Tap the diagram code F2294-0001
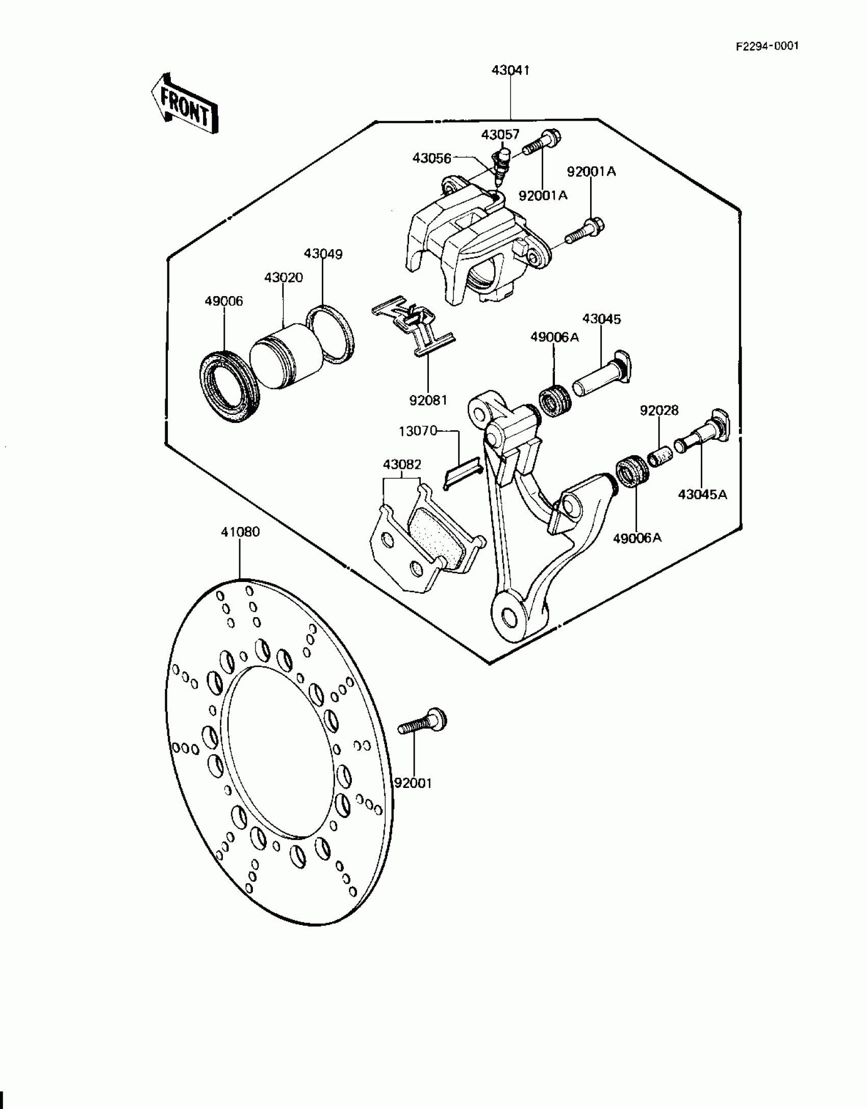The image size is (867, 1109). (767, 46)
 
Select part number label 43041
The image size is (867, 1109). (511, 70)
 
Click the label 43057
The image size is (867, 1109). (500, 135)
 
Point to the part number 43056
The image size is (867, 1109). (431, 159)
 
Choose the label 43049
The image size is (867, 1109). (323, 254)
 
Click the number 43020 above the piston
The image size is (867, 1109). (284, 278)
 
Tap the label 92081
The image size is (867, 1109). (428, 401)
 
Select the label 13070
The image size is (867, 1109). (418, 431)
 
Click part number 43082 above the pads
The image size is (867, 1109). (402, 465)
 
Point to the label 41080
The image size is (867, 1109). (240, 532)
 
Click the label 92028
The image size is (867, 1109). (659, 410)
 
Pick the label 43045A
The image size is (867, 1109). (702, 494)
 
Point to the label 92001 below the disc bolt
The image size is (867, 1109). (414, 783)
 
